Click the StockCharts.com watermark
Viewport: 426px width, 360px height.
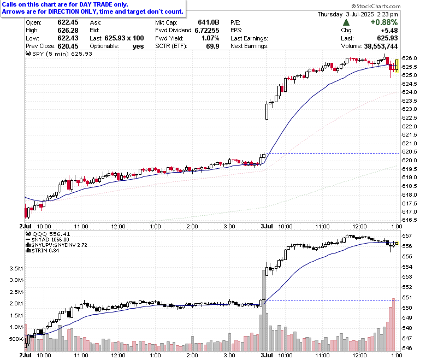tap(376, 6)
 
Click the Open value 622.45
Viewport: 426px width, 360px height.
tap(68, 22)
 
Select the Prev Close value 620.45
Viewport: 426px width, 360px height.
tap(68, 46)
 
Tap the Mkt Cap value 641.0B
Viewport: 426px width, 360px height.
tap(209, 22)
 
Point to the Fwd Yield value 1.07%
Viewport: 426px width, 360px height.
tap(210, 38)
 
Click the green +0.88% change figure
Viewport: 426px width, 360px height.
tap(384, 22)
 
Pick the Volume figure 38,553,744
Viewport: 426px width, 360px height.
tap(381, 46)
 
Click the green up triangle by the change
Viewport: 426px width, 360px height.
tap(346, 22)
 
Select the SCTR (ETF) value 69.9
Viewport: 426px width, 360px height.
tap(213, 46)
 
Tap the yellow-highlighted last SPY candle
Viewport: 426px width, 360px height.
tap(397, 66)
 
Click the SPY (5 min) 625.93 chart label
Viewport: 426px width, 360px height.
tap(59, 54)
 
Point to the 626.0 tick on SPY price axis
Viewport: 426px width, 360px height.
tap(410, 58)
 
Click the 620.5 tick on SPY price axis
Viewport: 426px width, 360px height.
tap(410, 152)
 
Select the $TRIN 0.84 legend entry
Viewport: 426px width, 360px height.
tap(43, 251)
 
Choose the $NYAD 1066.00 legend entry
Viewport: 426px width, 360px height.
tap(48, 240)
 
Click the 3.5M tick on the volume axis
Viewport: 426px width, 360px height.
tap(16, 268)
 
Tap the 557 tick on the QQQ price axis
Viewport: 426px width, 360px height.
tap(407, 236)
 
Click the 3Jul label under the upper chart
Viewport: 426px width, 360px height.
tap(267, 226)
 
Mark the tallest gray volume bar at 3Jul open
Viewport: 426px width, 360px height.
tap(264, 310)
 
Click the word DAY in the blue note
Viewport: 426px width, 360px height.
tap(86, 4)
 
